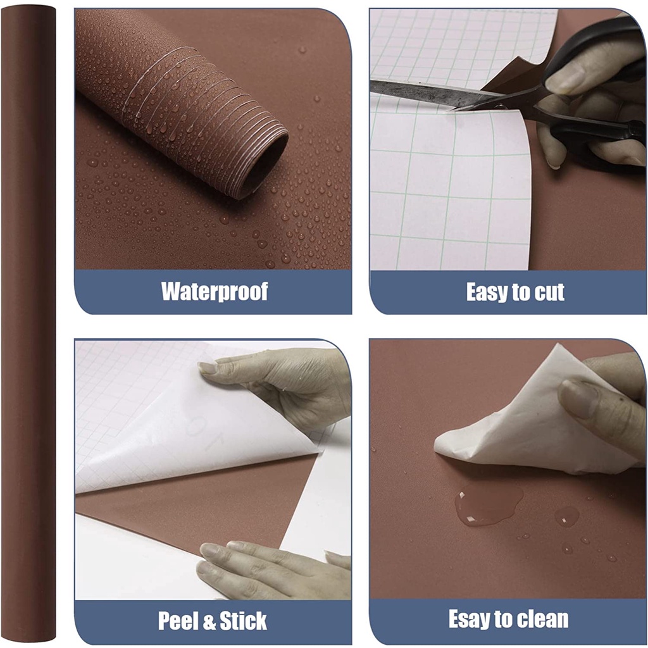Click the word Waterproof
coord(215,291)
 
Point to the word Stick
coord(244,621)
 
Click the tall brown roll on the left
coord(28,322)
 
